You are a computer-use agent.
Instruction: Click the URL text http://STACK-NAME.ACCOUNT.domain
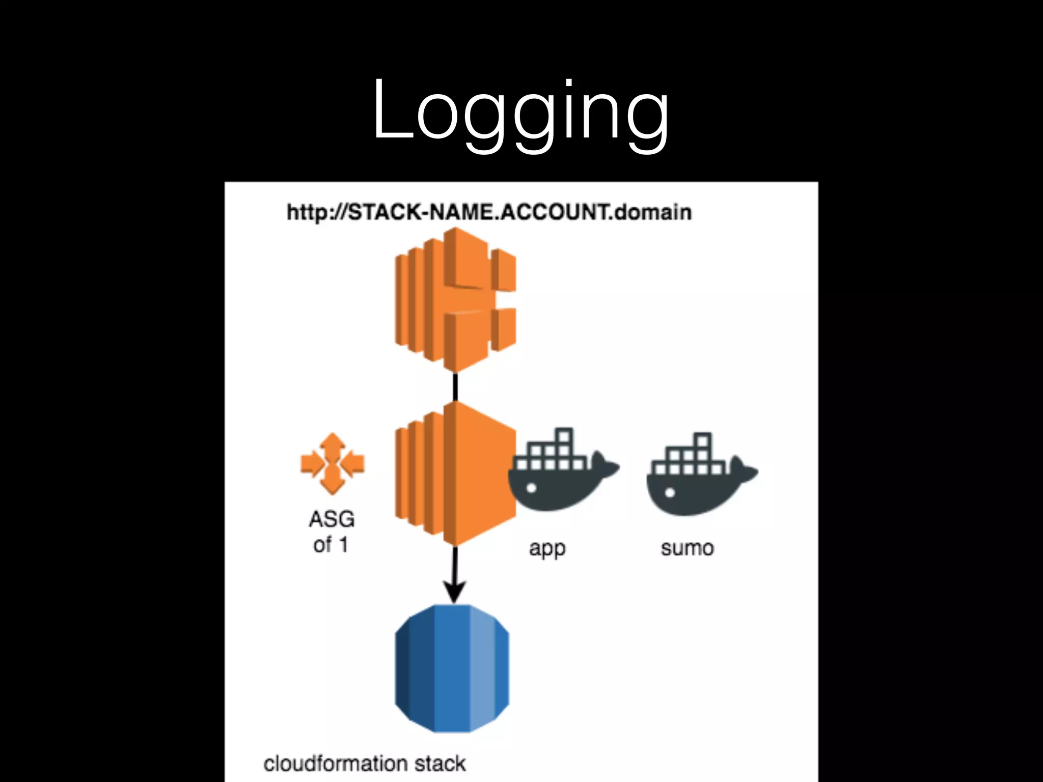489,212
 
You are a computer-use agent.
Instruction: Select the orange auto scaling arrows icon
333,464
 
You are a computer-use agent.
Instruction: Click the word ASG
332,519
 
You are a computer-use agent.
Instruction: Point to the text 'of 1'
331,545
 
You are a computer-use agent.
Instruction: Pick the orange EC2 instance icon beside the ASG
455,473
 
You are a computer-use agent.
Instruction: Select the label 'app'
547,549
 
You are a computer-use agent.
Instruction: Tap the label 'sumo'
687,548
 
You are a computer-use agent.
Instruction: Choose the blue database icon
452,668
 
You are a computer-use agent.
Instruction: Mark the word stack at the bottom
440,764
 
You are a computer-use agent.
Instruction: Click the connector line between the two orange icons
455,387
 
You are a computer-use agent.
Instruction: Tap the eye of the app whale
531,488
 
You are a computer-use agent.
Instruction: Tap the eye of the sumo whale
670,492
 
